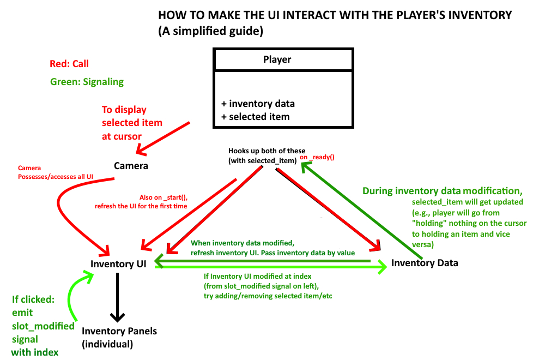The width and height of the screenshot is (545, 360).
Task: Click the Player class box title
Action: [277, 59]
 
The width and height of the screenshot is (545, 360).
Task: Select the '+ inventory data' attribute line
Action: [258, 104]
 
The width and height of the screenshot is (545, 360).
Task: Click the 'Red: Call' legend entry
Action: [69, 64]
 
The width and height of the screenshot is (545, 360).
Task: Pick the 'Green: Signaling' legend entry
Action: [87, 82]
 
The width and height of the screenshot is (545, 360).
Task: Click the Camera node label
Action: [131, 165]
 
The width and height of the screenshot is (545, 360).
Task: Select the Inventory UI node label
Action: [119, 265]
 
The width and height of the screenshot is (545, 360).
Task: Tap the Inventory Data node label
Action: [425, 263]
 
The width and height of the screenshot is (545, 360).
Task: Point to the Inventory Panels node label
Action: [119, 331]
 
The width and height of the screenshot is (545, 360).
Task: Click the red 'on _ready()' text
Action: [317, 157]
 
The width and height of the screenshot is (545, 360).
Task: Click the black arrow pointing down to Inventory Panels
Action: [118, 297]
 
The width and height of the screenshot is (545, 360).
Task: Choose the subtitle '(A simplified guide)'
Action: [211, 32]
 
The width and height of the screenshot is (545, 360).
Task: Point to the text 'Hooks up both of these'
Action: [267, 151]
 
